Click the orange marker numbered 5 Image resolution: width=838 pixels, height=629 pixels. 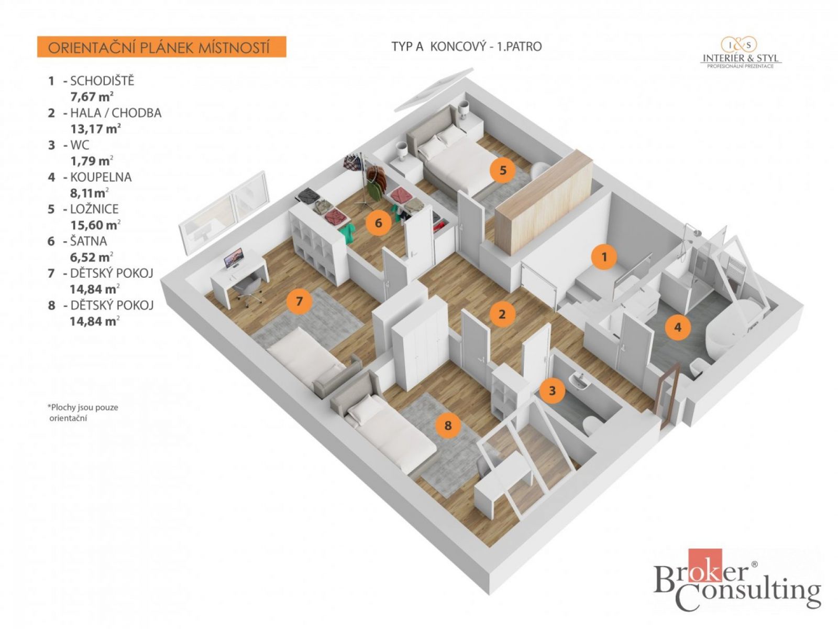click(x=503, y=170)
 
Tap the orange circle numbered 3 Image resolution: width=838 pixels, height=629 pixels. click(x=552, y=391)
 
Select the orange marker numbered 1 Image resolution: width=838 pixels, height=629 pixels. click(x=604, y=257)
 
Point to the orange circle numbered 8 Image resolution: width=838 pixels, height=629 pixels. click(x=448, y=425)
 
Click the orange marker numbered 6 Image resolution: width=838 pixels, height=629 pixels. click(x=378, y=223)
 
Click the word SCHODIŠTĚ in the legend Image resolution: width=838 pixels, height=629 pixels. click(x=102, y=81)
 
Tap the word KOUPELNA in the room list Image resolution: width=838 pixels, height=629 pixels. click(x=101, y=177)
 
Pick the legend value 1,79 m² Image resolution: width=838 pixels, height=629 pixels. click(x=92, y=161)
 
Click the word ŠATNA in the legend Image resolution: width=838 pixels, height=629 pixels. click(x=89, y=241)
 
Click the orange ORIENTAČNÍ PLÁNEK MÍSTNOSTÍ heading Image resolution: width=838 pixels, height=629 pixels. click(x=161, y=47)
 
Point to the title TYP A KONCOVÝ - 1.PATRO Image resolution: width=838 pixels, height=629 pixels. click(x=467, y=47)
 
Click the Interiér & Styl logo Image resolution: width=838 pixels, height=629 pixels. click(x=741, y=53)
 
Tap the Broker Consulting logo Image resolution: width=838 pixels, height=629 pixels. click(x=737, y=585)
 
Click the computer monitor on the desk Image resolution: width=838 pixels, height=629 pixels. click(x=234, y=258)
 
